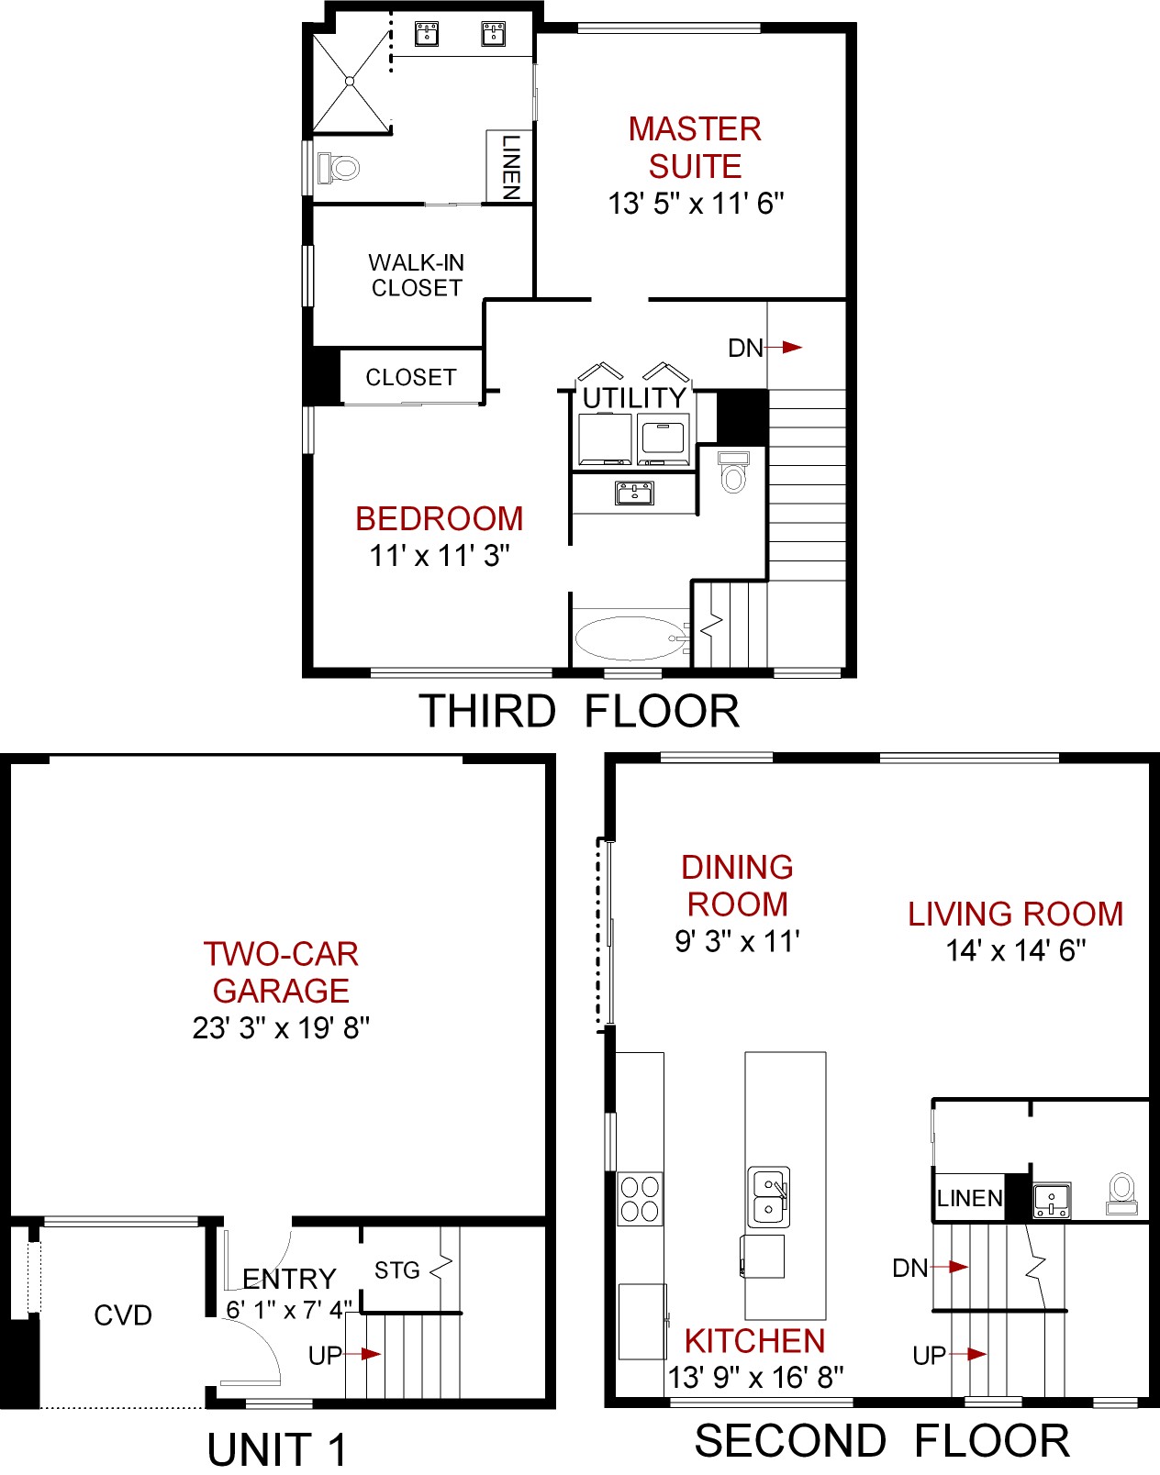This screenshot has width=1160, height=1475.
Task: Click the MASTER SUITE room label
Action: pos(695,148)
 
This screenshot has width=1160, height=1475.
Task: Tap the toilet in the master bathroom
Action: pos(339,167)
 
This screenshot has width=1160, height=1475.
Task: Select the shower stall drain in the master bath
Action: pos(350,82)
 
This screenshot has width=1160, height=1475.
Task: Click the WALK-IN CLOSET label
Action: pos(417,275)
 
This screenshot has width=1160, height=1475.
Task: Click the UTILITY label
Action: pos(634,398)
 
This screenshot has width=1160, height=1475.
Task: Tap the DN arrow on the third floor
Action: pos(783,348)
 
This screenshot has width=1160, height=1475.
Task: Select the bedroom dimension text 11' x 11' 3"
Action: pos(439,555)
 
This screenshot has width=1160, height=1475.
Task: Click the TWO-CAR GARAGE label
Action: pos(281,972)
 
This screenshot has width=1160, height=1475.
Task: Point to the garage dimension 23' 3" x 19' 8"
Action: pos(281,1027)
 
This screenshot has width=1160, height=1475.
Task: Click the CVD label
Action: pos(123,1315)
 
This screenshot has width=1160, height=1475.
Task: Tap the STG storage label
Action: pos(397,1270)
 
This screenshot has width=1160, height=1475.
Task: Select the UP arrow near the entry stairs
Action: pos(362,1354)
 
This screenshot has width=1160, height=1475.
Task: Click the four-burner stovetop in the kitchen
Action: pos(640,1199)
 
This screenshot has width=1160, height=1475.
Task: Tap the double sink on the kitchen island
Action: pos(769,1197)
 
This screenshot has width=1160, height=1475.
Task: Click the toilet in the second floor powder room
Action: pos(1121,1193)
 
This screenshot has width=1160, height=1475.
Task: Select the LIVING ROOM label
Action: pos(1015,914)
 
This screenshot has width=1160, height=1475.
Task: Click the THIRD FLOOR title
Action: pos(579,711)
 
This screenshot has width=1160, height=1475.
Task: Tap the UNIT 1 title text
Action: pos(276,1449)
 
